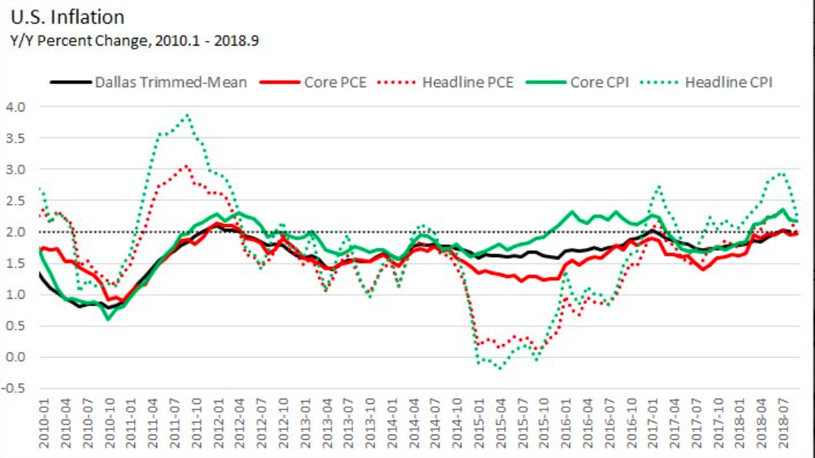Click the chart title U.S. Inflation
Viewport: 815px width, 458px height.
pos(68,17)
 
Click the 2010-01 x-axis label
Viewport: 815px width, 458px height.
pos(43,427)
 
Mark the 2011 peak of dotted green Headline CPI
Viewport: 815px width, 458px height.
pos(187,115)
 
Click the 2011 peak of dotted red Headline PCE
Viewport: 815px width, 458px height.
pos(187,165)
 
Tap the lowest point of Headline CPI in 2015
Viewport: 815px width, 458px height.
pos(499,369)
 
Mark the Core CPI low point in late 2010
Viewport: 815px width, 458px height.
pos(108,318)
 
